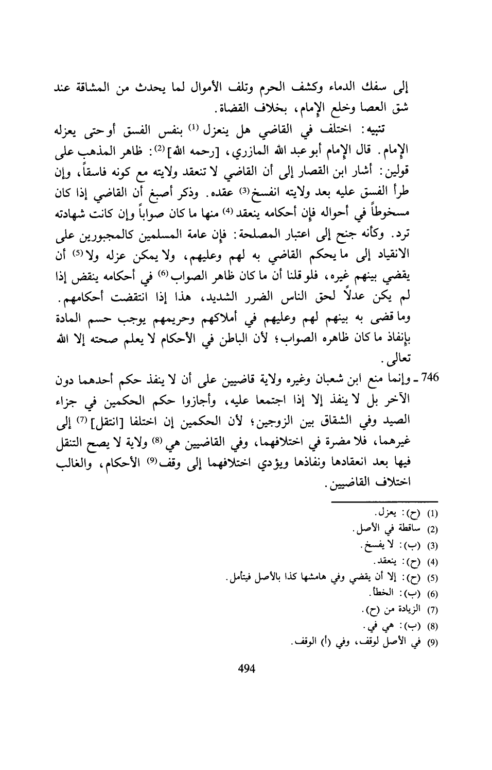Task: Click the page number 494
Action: coord(246,669)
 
